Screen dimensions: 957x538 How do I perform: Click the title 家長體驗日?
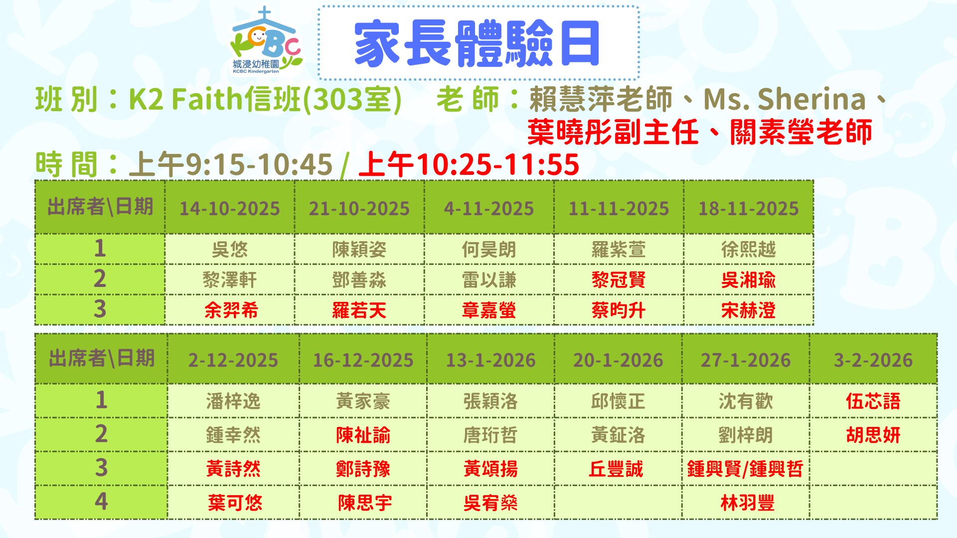477,44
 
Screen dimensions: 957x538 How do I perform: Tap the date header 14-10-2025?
229,208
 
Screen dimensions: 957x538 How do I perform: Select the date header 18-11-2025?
748,208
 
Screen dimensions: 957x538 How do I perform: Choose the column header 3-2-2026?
873,360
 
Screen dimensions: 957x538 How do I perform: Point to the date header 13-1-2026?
490,360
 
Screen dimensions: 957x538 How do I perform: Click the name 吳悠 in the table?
229,250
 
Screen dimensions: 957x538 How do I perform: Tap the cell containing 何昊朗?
489,250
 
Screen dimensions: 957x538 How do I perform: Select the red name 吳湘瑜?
748,280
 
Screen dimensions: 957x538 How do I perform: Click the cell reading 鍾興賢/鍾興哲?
745,469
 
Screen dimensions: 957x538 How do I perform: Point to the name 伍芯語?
873,401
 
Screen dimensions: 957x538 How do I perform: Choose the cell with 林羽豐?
747,503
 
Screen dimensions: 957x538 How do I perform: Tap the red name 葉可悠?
235,503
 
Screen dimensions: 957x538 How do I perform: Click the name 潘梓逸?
233,401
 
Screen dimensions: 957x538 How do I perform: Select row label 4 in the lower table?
101,501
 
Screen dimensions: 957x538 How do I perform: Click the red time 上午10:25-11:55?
469,164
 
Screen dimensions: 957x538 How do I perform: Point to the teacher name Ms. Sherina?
785,99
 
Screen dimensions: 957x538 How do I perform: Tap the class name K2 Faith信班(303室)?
265,99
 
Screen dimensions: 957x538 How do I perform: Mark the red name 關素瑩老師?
801,133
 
